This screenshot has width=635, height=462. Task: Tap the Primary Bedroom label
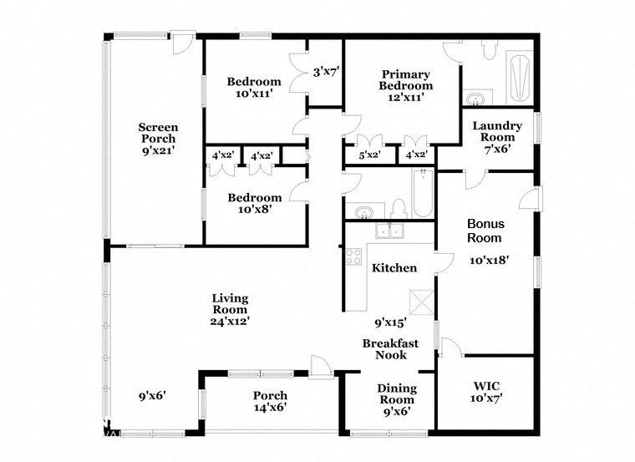(x=405, y=79)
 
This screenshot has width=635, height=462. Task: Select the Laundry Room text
(x=497, y=131)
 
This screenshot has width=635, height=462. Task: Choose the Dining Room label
(x=397, y=393)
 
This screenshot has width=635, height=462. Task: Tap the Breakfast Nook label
(x=389, y=348)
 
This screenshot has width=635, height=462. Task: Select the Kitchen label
(x=394, y=268)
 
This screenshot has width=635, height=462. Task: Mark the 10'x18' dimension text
(x=489, y=260)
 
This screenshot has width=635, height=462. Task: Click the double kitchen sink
(x=390, y=231)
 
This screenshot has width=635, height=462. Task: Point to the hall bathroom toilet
(x=399, y=206)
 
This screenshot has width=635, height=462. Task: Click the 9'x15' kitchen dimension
(x=390, y=321)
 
